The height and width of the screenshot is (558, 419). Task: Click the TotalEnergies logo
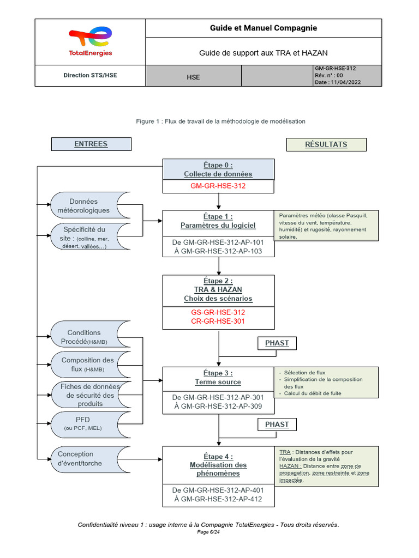click(x=90, y=42)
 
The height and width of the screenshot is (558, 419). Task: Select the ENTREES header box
click(x=91, y=144)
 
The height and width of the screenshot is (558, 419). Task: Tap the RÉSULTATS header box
click(x=326, y=144)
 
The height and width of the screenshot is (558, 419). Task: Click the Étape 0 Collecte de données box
click(x=218, y=169)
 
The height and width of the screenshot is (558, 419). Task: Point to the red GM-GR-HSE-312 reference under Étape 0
click(x=218, y=186)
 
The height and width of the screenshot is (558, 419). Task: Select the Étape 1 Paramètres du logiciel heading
click(x=218, y=221)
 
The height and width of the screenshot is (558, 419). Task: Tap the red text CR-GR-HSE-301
click(x=218, y=321)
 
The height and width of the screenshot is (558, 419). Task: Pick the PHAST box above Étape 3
click(x=277, y=343)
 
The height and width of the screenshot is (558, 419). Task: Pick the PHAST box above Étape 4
click(x=277, y=424)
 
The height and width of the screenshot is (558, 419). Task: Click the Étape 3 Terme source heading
click(x=218, y=378)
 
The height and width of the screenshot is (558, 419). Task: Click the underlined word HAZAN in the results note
click(x=290, y=466)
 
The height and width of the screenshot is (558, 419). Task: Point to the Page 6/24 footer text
click(x=208, y=532)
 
